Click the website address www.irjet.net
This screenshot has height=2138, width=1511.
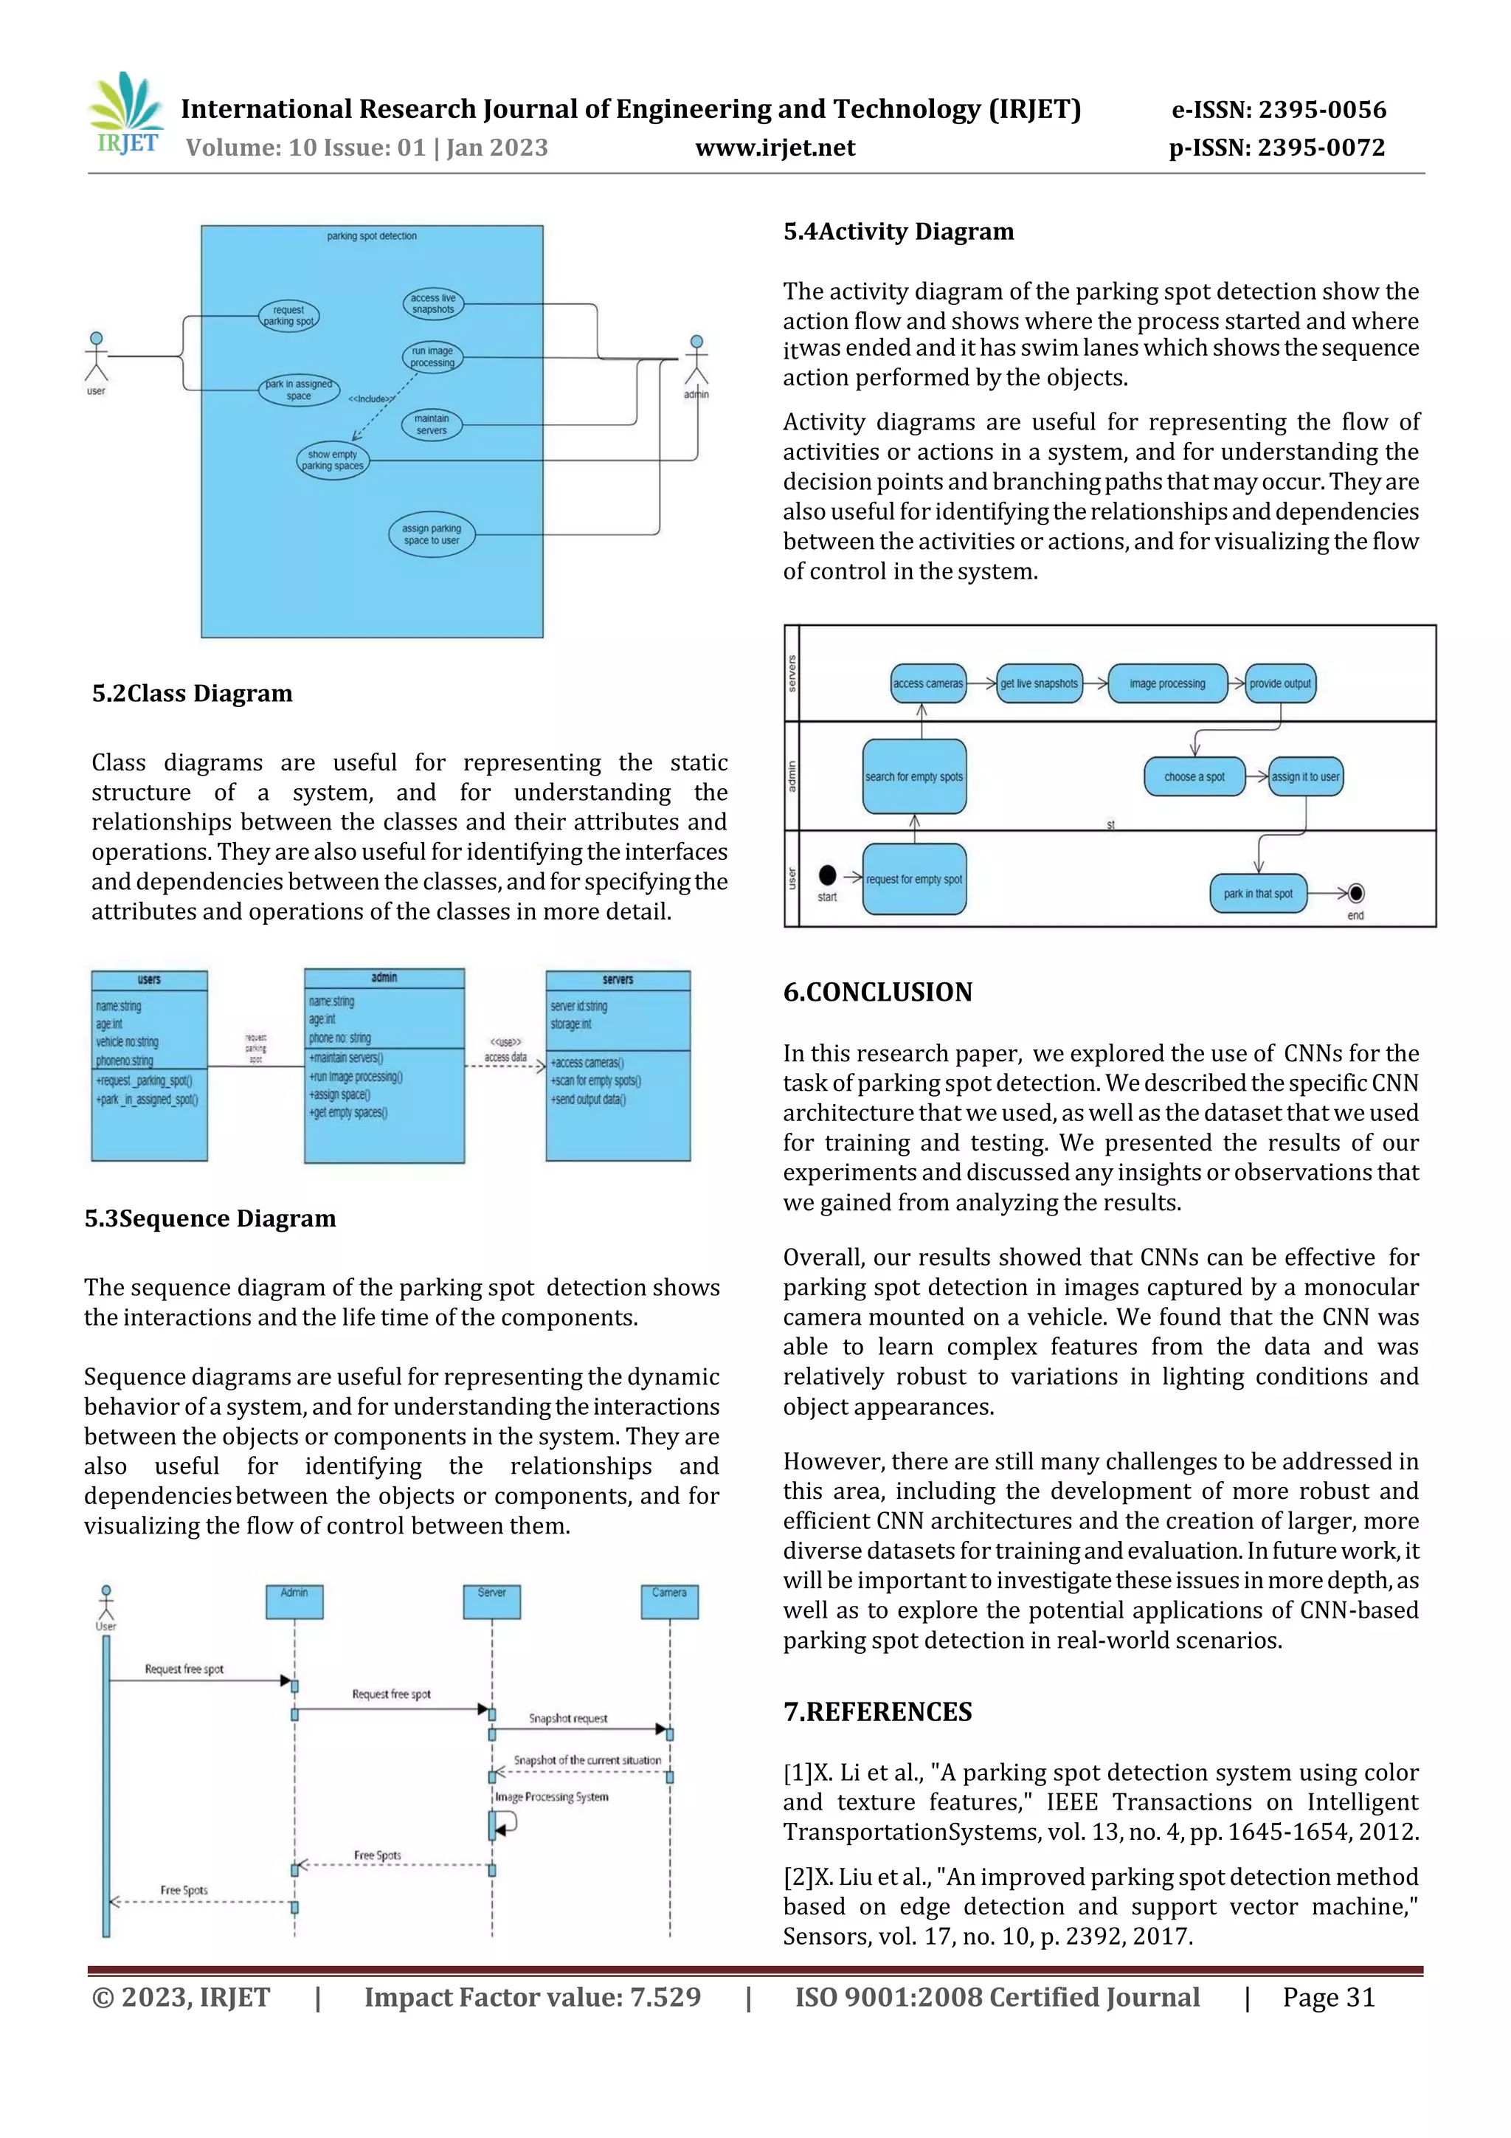(775, 148)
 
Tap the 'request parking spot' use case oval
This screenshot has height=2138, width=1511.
(288, 316)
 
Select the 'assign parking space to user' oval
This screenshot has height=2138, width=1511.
(431, 534)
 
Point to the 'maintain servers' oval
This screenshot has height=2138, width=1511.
(431, 424)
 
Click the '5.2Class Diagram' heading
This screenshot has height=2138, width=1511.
(192, 694)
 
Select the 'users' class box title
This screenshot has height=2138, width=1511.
(149, 979)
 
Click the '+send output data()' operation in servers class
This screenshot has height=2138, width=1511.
(588, 1100)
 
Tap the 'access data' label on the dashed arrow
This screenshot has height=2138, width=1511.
(505, 1057)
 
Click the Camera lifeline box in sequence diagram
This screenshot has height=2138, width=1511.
(669, 1601)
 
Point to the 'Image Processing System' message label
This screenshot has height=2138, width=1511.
(551, 1797)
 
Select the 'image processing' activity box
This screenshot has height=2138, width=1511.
(1167, 683)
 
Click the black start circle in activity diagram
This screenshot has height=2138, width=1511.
(827, 875)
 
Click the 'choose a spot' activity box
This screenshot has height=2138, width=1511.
(1194, 776)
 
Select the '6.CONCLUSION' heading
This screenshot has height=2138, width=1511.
(877, 993)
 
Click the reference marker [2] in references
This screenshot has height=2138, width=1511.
(798, 1877)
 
